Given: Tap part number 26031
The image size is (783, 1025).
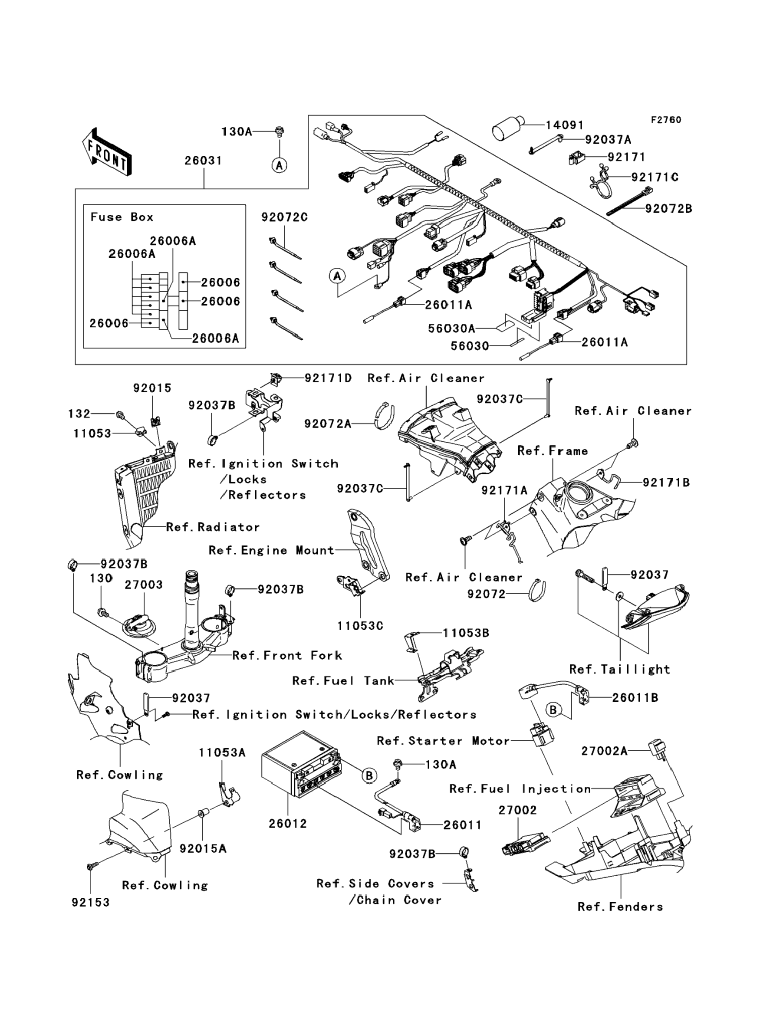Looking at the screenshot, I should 203,161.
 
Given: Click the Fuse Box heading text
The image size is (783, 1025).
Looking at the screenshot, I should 122,217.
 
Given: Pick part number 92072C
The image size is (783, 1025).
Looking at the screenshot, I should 284,217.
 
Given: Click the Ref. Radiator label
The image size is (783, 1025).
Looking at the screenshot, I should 213,527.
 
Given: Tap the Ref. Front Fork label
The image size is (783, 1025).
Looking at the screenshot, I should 287,656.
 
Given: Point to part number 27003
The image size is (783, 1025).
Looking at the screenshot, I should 144,585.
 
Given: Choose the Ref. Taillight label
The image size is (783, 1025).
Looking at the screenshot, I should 620,670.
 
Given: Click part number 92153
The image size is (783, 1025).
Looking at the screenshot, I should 91,903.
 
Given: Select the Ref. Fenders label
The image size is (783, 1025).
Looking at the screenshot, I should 620,907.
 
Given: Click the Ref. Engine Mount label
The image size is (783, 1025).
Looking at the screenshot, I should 271,550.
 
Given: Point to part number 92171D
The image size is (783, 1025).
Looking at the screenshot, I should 328,378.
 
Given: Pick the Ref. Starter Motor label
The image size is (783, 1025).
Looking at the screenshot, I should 443,741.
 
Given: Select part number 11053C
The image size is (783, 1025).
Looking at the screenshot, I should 360,626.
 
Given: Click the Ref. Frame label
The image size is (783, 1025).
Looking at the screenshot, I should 553,451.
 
